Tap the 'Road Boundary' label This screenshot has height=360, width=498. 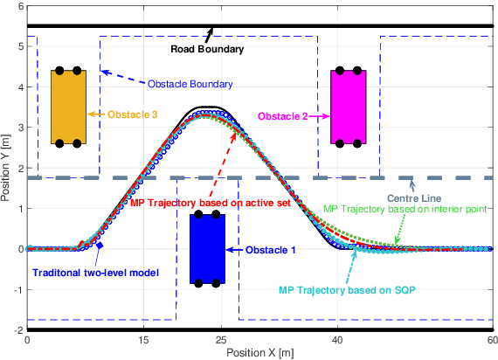pos(207,50)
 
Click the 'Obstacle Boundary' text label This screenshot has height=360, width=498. pos(190,84)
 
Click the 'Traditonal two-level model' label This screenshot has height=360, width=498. pos(95,273)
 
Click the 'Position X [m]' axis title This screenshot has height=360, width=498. pos(260,352)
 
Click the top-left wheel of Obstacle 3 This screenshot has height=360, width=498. pos(59,70)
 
